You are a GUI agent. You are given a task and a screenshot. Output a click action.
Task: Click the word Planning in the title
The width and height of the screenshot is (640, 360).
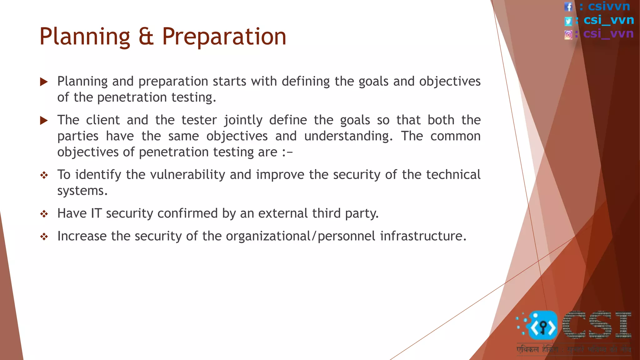[85, 37]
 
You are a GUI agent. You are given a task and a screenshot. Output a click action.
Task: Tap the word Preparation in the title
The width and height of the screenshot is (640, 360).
[224, 37]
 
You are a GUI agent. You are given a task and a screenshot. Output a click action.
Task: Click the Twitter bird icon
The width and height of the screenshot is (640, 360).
[568, 21]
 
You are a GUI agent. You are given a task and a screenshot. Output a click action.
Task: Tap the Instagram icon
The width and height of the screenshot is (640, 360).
[568, 34]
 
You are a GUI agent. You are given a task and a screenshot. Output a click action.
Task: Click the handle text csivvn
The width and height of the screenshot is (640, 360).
[609, 6]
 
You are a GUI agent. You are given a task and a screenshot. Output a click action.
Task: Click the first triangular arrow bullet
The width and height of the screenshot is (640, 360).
[44, 82]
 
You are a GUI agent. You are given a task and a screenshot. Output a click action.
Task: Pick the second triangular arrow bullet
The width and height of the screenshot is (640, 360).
[44, 121]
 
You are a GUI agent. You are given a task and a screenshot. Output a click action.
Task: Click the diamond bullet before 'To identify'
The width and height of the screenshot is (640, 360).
[44, 175]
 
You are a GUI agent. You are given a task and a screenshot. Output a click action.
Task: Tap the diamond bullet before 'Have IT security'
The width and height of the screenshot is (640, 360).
[44, 214]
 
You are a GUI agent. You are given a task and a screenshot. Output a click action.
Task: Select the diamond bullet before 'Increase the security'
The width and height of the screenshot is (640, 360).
[44, 237]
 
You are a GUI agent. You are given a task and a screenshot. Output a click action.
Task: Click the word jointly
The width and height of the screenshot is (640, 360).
[243, 120]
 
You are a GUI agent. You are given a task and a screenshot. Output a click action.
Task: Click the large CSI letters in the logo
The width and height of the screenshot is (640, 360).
[597, 325]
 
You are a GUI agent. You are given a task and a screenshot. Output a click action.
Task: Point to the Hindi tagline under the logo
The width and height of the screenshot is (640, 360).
[573, 349]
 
